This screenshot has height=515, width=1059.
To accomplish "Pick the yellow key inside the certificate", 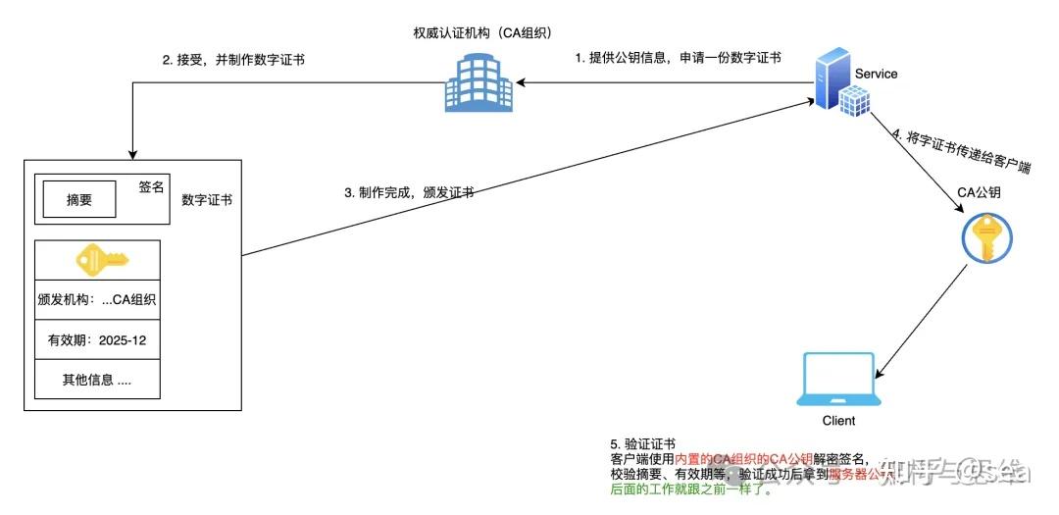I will tap(103, 259).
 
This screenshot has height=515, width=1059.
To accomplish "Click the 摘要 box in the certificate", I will tap(78, 200).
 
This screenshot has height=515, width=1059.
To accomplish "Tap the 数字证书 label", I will tap(207, 200).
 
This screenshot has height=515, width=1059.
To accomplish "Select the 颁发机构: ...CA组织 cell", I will tap(96, 299).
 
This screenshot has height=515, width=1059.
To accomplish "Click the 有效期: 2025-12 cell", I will tap(96, 340).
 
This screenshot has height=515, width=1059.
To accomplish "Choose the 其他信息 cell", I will tap(96, 381).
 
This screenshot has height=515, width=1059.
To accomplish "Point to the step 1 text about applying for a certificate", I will tap(678, 58).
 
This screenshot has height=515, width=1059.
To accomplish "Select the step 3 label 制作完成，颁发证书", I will tap(410, 193).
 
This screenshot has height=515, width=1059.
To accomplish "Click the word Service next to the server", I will tap(876, 74).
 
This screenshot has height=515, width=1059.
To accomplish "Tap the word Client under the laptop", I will tap(837, 421).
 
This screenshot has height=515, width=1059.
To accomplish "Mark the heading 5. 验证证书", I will tap(642, 444).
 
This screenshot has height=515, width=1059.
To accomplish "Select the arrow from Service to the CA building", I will tap(667, 84).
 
